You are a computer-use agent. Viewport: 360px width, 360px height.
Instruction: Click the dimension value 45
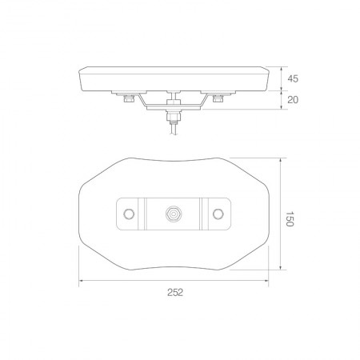[293, 79]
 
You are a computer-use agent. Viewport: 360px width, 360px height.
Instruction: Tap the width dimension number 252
[177, 292]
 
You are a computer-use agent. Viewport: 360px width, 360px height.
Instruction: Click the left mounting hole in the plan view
[128, 214]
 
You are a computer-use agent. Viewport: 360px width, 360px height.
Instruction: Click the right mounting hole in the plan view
[218, 214]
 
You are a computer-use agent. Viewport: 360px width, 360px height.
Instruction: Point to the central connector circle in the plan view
[173, 214]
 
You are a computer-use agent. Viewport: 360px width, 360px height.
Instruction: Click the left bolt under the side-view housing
[127, 102]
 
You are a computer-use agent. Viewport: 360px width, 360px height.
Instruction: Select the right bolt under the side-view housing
[218, 102]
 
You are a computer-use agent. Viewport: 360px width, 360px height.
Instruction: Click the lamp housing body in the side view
[172, 78]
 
